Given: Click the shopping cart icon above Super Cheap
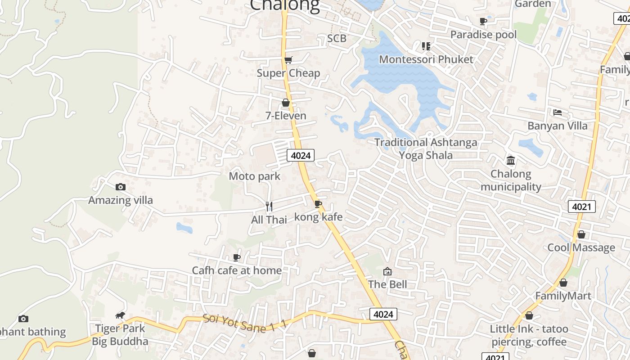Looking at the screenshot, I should click(x=288, y=60).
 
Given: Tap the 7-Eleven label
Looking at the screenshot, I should click(x=285, y=116).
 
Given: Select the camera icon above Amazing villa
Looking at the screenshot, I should click(x=120, y=187).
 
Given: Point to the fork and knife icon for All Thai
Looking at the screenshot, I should click(x=269, y=207).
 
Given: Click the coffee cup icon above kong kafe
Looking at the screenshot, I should click(x=318, y=204).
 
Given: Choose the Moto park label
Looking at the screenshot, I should click(x=254, y=176).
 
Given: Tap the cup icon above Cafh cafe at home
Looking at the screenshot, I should click(x=237, y=257).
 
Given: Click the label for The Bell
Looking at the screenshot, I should click(x=387, y=284).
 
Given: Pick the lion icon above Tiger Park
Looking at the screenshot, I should click(x=120, y=315).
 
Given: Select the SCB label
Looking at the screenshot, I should click(x=337, y=38).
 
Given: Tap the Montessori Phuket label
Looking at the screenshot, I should click(x=426, y=59).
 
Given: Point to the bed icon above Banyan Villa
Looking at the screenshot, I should click(x=558, y=112).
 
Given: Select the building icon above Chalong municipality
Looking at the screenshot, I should click(x=511, y=160).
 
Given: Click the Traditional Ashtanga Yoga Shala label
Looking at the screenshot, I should click(x=426, y=148).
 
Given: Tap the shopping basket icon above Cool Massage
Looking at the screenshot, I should click(x=581, y=234).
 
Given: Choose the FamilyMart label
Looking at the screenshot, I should click(x=562, y=296).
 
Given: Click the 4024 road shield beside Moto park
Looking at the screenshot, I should click(x=301, y=155).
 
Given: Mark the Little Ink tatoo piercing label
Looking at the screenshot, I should click(x=529, y=335).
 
